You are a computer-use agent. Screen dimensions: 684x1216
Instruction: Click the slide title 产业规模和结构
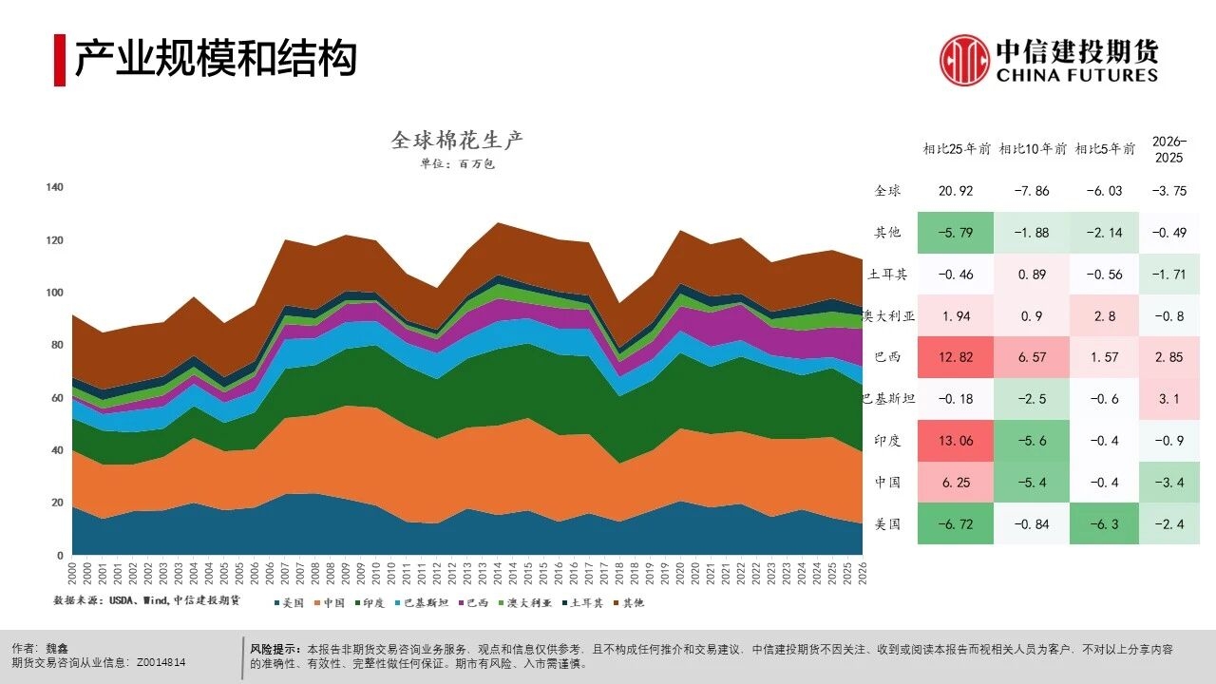[x=216, y=59]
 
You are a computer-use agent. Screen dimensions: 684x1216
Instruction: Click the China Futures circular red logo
[x=964, y=59]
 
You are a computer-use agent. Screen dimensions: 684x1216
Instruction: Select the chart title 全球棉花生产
[x=457, y=141]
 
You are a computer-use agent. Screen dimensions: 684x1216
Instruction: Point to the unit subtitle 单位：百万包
[x=457, y=163]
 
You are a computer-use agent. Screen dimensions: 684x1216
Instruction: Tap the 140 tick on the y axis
[x=54, y=187]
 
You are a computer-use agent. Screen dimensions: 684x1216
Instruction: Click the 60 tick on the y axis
[x=57, y=398]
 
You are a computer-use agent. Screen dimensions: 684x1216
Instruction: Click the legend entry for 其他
[x=630, y=602]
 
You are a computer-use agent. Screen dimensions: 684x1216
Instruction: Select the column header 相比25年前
[x=957, y=149]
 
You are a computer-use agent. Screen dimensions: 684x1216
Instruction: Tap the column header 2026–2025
[x=1168, y=149]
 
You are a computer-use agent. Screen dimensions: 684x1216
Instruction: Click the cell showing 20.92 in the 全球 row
[x=956, y=191]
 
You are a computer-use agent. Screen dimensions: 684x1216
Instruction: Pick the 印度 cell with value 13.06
[x=956, y=441]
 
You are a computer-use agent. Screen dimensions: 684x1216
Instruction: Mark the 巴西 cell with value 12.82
[x=956, y=357]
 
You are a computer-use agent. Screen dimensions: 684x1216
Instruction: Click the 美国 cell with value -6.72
[x=956, y=523]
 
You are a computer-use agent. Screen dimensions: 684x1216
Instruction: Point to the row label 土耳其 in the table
[x=887, y=275]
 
